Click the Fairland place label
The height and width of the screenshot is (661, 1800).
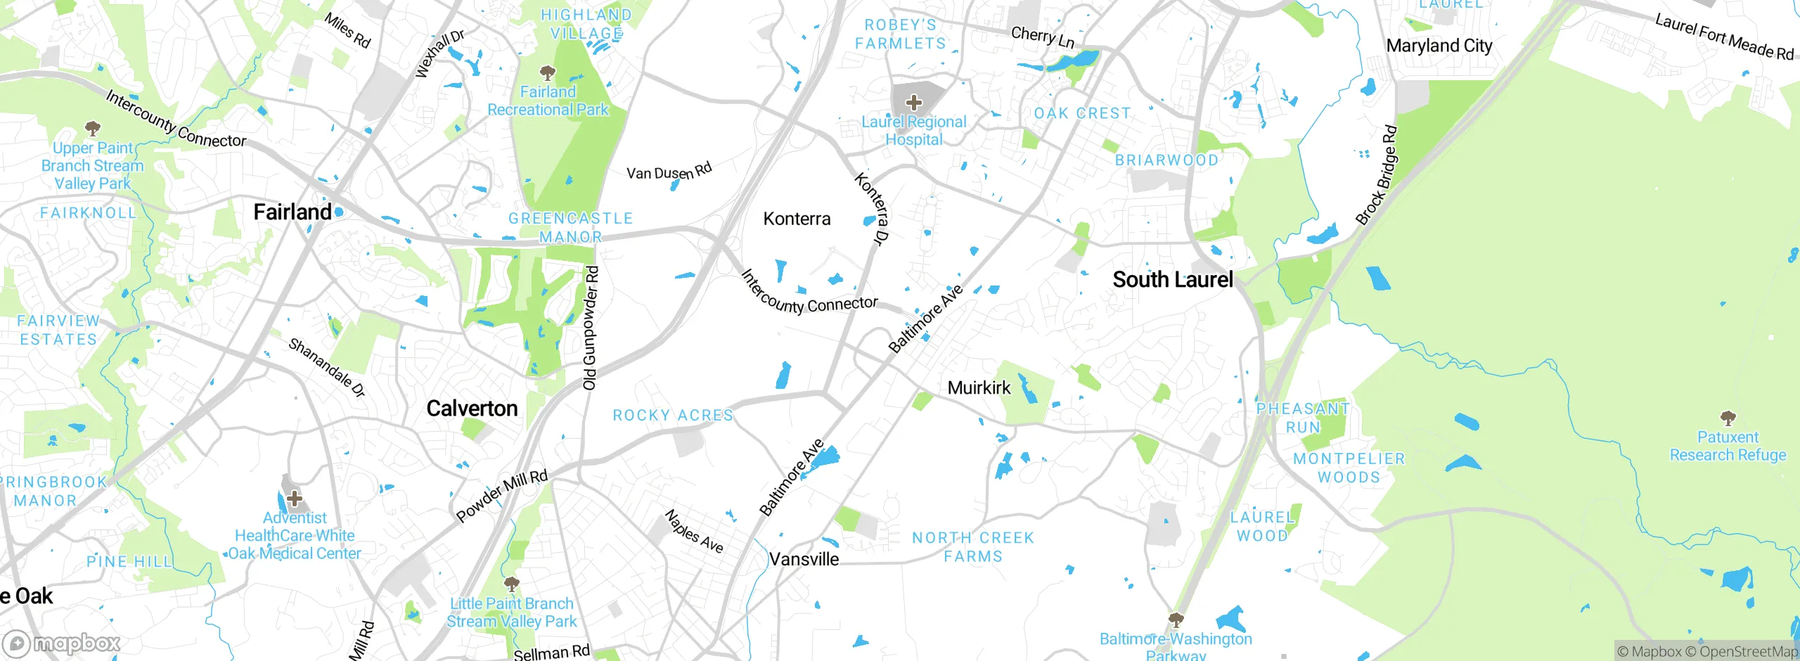point(292,212)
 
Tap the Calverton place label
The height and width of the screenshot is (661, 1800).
point(472,409)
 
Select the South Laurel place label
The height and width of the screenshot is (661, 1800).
point(1172,280)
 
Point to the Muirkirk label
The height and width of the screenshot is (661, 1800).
point(979,387)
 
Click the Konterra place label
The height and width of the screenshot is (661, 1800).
point(797,219)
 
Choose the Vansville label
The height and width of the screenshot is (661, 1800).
point(804,559)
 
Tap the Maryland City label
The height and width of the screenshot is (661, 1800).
point(1439,46)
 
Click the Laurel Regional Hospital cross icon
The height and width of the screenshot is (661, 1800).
point(913,103)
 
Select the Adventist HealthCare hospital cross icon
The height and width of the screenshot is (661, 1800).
point(295,499)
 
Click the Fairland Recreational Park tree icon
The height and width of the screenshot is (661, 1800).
point(547,72)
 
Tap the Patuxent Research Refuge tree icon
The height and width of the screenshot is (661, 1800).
point(1728,418)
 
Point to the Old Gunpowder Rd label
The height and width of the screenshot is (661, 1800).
point(591,328)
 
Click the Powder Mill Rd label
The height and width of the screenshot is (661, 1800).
point(501,496)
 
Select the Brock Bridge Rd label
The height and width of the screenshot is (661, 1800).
point(1377,175)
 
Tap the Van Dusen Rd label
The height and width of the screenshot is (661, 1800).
point(669,172)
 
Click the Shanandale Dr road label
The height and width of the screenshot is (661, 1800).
point(327,367)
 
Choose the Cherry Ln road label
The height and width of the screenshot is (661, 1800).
point(1042,37)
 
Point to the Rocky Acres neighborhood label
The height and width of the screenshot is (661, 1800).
point(673,416)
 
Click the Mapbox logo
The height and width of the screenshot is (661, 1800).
point(62,643)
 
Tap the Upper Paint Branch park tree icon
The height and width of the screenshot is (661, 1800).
point(92,129)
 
